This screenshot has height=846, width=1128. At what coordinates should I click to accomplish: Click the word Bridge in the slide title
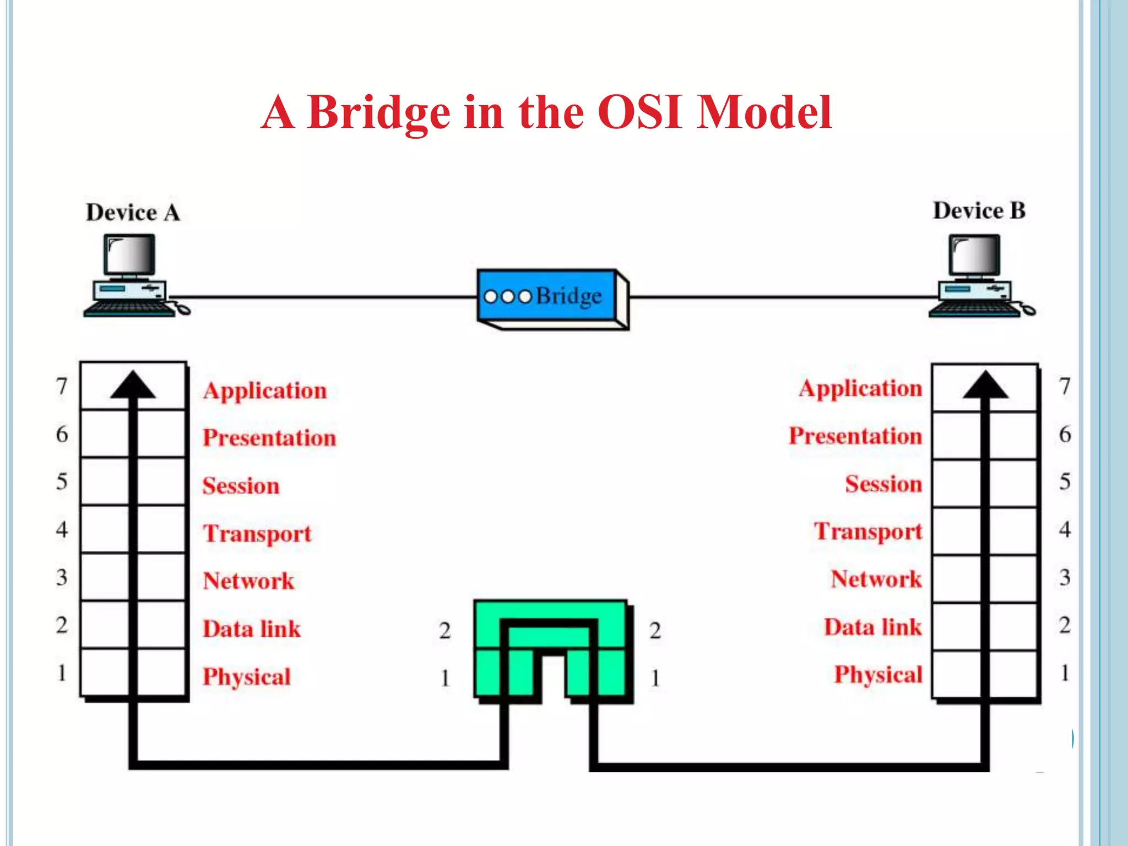378,113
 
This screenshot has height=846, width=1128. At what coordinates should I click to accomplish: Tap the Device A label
133,213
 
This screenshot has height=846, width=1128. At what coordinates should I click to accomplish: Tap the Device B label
979,211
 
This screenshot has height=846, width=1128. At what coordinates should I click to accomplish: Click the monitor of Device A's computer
130,254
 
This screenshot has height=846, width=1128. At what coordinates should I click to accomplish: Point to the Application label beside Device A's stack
265,391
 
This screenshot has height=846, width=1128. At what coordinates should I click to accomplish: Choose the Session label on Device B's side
883,484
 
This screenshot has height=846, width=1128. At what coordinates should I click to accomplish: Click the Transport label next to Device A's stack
257,533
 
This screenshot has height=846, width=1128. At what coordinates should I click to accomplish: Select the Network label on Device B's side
876,579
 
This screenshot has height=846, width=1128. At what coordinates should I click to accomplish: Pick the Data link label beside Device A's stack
252,629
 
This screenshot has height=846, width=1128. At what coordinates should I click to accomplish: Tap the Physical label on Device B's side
878,675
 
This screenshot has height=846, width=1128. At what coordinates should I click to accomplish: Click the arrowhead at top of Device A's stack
133,385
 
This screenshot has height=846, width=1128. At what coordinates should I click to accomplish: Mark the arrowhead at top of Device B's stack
985,385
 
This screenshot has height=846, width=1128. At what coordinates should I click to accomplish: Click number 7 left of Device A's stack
62,386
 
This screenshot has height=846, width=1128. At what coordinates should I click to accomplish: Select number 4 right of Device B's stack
1065,529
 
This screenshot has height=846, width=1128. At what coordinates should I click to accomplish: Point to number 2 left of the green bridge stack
445,630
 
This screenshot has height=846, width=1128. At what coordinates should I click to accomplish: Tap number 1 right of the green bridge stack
655,678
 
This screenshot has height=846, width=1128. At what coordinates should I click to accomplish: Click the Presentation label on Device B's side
855,436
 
